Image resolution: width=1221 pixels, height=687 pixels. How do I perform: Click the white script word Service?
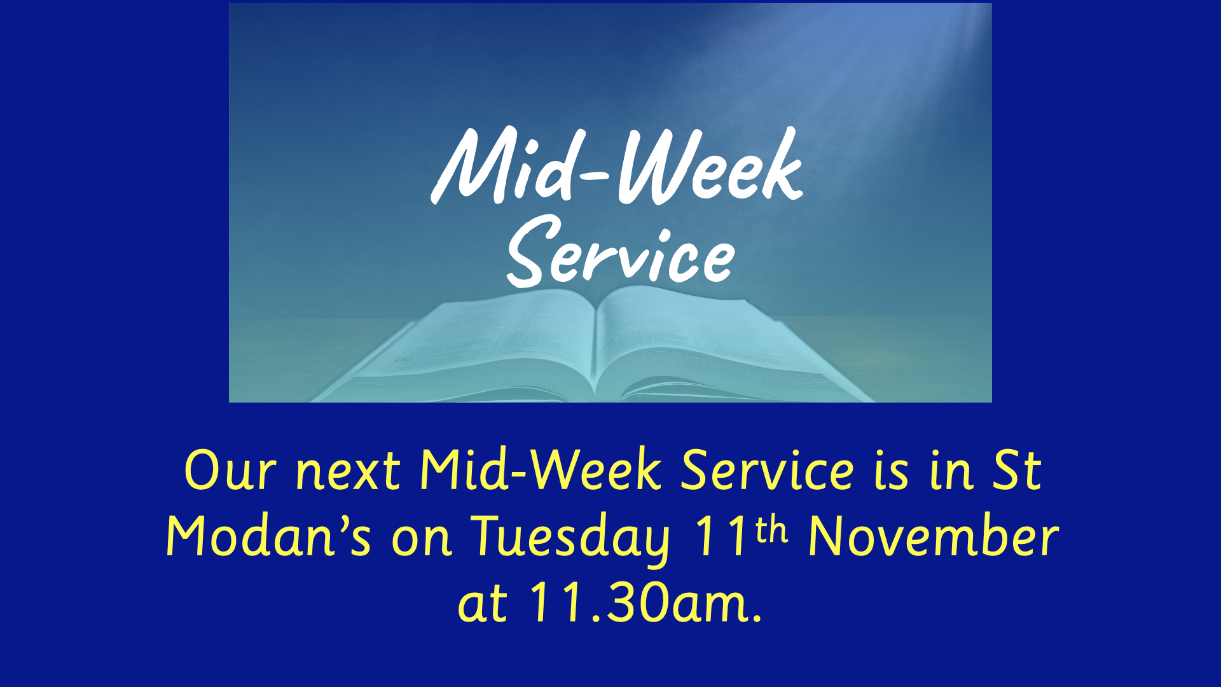[620, 251]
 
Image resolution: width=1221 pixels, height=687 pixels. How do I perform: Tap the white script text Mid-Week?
[617, 165]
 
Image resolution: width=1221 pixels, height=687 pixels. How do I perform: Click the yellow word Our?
[230, 471]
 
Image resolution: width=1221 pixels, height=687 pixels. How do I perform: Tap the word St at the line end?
[1017, 471]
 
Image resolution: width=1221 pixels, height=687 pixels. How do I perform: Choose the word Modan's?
[268, 536]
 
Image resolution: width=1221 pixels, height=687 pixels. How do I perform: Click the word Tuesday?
[570, 539]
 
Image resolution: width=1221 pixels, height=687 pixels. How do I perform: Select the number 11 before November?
[721, 536]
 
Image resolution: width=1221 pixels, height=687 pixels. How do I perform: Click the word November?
[933, 536]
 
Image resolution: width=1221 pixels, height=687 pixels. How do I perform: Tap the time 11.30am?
[646, 602]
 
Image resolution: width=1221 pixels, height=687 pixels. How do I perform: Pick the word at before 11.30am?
[483, 604]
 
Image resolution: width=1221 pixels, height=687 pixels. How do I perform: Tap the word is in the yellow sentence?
[891, 471]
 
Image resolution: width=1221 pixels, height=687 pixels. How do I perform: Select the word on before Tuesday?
[421, 539]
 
